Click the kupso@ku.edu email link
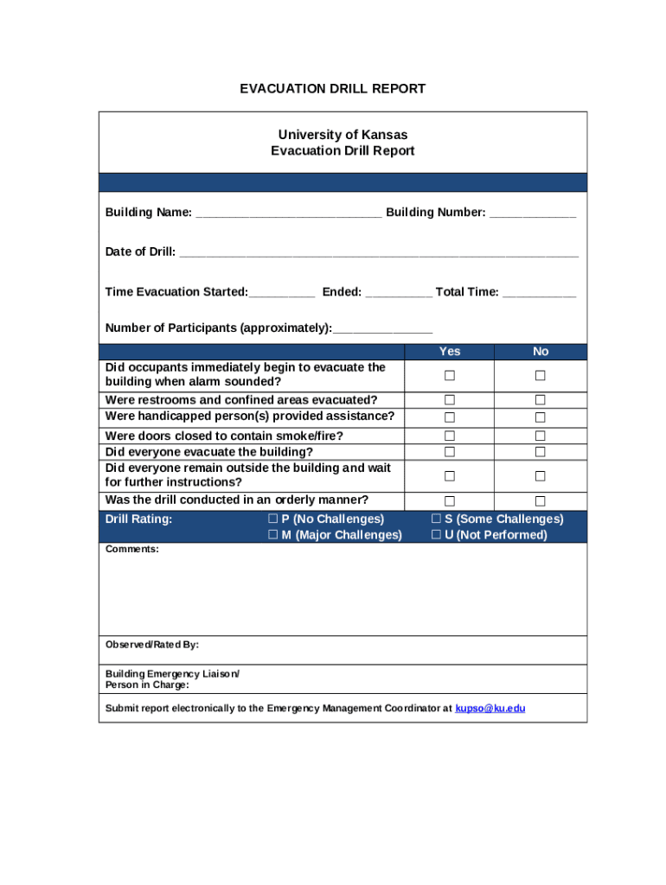pyautogui.click(x=490, y=709)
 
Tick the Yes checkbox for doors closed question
pyautogui.click(x=450, y=436)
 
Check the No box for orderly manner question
pyautogui.click(x=540, y=501)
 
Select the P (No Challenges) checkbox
pyautogui.click(x=272, y=519)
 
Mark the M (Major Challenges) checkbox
pyautogui.click(x=272, y=535)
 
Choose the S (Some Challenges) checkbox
pyautogui.click(x=436, y=519)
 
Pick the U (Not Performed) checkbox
pyautogui.click(x=436, y=535)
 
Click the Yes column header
pyautogui.click(x=450, y=351)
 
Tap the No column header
pyautogui.click(x=541, y=351)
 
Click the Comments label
pyautogui.click(x=132, y=550)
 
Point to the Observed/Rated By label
pyautogui.click(x=152, y=645)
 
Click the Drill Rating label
pyautogui.click(x=138, y=519)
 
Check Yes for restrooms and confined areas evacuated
pyautogui.click(x=450, y=400)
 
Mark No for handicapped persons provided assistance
pyautogui.click(x=540, y=417)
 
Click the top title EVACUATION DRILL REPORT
pyautogui.click(x=333, y=89)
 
